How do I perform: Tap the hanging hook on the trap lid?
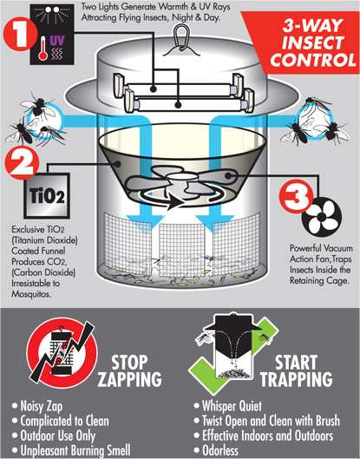pyautogui.click(x=180, y=34)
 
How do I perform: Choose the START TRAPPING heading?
pyautogui.click(x=298, y=370)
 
